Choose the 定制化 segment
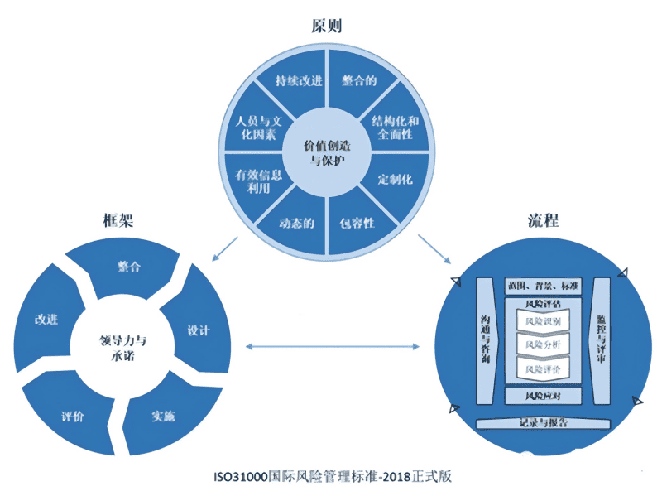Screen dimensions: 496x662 395,179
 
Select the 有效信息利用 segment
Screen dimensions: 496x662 258,180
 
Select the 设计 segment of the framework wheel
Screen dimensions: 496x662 199,330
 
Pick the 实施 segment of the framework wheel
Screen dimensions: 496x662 163,416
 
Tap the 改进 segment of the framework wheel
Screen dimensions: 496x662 46,319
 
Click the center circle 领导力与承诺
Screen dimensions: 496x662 118,347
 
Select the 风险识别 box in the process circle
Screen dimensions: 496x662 542,320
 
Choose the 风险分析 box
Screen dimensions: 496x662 542,344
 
